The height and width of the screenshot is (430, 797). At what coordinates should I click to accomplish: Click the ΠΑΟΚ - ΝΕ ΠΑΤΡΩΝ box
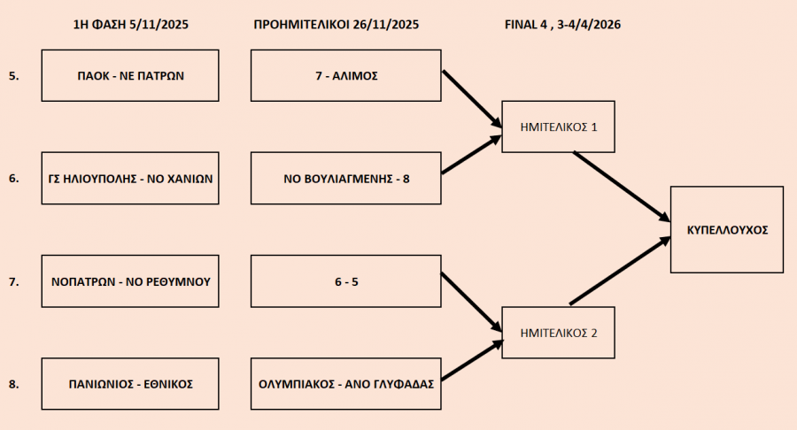coord(130,75)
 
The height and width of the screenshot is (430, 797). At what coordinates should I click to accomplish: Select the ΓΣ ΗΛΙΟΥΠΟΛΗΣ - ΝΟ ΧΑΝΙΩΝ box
coord(130,179)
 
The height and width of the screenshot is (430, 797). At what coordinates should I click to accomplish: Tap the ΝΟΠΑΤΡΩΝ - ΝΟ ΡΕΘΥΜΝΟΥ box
coord(130,281)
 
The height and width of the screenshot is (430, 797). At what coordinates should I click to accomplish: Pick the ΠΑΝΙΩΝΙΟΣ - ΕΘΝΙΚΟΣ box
coord(130,384)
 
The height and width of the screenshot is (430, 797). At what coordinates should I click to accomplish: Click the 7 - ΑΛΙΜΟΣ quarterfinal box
coord(345,75)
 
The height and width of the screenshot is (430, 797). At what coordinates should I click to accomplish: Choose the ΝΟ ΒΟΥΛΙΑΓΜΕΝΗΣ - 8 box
coord(345,179)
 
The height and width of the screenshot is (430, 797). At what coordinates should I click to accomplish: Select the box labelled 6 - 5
coord(345,281)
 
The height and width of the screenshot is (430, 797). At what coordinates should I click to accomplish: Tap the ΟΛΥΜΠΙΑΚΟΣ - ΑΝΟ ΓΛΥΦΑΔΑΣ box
coord(345,384)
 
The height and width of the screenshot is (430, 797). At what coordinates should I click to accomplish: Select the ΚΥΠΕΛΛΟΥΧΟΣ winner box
coord(726,229)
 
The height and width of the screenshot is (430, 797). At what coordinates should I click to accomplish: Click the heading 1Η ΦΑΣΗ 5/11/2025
coord(130,25)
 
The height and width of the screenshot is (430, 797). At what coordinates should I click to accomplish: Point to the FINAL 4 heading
coord(561,25)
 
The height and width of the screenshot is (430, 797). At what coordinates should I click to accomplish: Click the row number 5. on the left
coord(13,76)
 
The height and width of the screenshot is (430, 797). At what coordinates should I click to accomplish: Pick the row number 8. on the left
coord(13,384)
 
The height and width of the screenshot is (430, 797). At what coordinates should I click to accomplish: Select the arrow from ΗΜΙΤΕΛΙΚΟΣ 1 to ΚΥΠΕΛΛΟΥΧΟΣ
coord(621,186)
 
